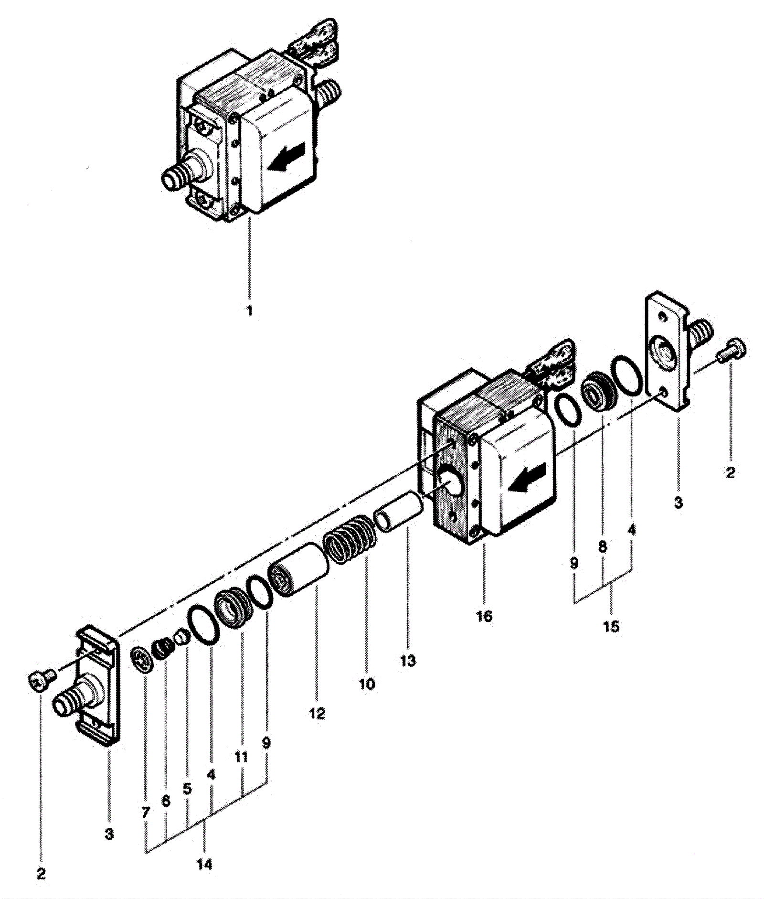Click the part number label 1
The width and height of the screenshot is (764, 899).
[249, 311]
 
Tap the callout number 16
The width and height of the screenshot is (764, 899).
[484, 616]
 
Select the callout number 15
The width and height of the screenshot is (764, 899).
[611, 626]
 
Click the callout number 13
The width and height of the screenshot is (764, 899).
[408, 661]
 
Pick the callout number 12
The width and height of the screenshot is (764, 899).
[317, 713]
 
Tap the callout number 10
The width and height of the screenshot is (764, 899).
[367, 684]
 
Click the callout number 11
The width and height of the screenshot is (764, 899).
[242, 757]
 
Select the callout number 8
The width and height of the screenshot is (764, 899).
[603, 546]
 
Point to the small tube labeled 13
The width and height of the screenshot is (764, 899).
[398, 511]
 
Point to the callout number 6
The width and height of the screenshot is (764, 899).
[166, 801]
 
